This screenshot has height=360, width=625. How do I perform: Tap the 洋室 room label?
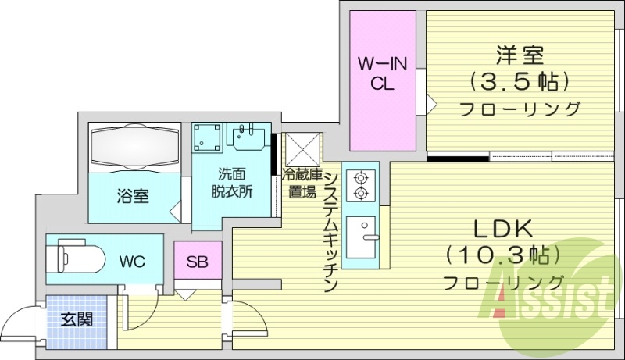[519, 55]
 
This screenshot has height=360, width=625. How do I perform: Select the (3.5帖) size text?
[519, 80]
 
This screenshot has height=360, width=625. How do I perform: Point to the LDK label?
[503, 230]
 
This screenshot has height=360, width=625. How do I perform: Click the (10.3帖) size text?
[503, 255]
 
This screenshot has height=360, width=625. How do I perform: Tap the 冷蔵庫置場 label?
[301, 183]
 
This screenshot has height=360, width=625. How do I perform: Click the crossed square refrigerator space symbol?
[302, 148]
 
